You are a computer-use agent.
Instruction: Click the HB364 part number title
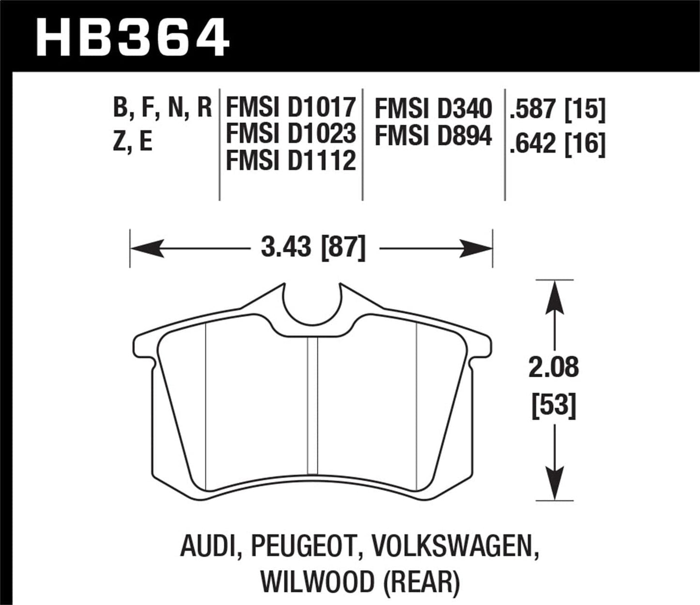tap(132, 37)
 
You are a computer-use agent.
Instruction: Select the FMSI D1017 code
tap(291, 108)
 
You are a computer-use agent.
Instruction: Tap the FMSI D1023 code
tap(291, 134)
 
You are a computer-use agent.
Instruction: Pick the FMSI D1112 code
tap(291, 160)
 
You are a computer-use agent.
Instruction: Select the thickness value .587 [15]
tap(557, 110)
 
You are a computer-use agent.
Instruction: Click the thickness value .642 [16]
tap(557, 144)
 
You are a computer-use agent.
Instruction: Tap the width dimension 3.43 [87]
tap(313, 249)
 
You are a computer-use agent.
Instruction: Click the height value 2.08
tap(554, 367)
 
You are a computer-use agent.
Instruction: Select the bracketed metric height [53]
tap(554, 405)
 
